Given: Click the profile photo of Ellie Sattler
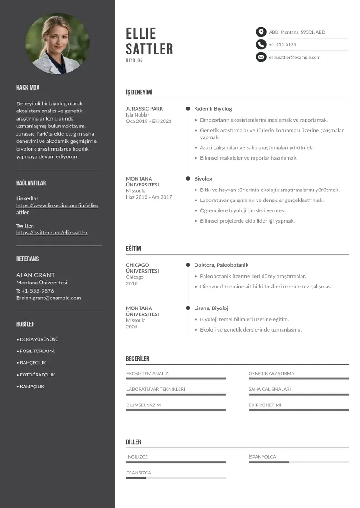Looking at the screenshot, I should pos(58,44).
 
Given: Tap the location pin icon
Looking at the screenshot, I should pos(261,32).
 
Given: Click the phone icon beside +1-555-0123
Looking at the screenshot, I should pos(261,44).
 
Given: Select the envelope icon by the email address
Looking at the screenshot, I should pos(261,57).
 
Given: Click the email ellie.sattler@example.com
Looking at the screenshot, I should pos(294,57).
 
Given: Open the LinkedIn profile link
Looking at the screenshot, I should pos(57,209).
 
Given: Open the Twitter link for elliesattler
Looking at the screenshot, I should pos(52,233).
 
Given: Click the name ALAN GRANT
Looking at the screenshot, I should pos(35,275).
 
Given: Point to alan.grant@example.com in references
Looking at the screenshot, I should pos(51,298).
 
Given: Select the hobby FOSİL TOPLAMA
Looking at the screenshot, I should pos(37,351).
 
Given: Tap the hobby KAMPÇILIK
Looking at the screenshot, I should pos(32,386).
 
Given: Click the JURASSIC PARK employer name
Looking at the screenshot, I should pos(144,109).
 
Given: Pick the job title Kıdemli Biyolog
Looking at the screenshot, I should pos(213,109).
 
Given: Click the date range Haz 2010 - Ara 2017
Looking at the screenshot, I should pos(149,197).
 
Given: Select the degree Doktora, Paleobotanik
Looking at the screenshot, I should pos(221,265).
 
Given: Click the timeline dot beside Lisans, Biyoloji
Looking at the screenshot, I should pos(188,308).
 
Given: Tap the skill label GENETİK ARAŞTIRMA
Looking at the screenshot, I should pos(271,374).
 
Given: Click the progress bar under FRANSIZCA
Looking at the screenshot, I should pos(176,478).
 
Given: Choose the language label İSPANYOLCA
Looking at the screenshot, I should pos(262,457).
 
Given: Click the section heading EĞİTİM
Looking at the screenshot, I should pos(133,249).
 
